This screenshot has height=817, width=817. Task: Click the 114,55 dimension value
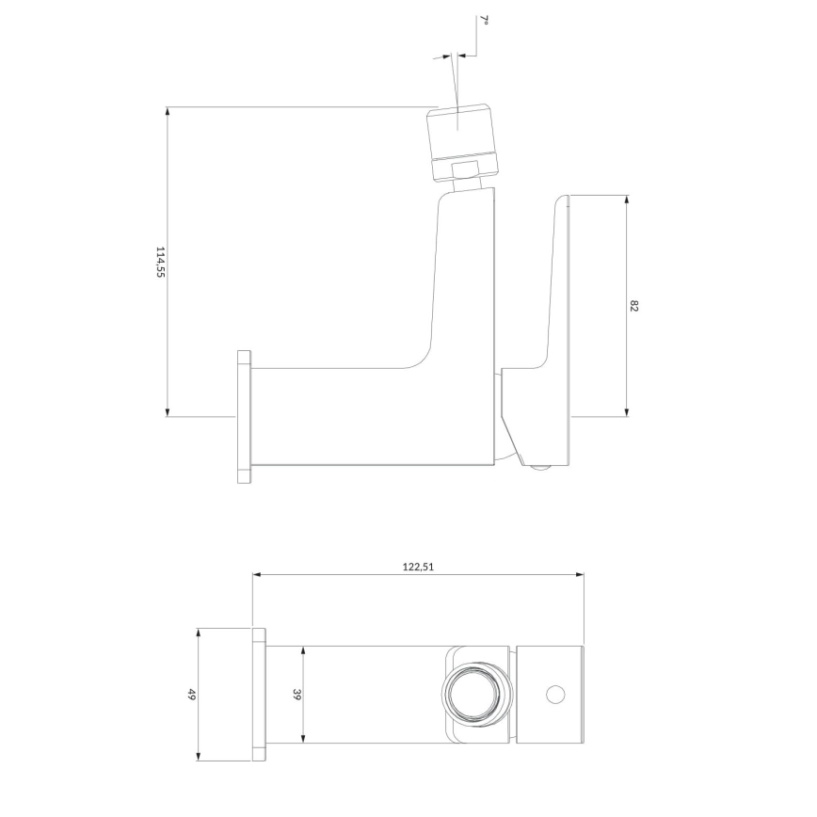[x=160, y=262]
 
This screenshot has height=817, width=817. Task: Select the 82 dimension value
[x=633, y=306]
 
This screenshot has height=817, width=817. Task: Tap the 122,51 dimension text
[x=418, y=567]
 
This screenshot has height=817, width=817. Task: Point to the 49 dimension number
[x=191, y=694]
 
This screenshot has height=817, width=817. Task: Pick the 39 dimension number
[x=296, y=694]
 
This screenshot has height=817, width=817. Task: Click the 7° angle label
[x=484, y=21]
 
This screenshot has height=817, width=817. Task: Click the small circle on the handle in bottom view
[x=555, y=694]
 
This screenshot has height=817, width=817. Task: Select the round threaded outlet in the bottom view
[x=475, y=695]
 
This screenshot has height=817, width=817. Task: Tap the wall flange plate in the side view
[x=244, y=417]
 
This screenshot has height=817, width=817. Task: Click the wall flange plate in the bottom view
[x=259, y=695]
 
